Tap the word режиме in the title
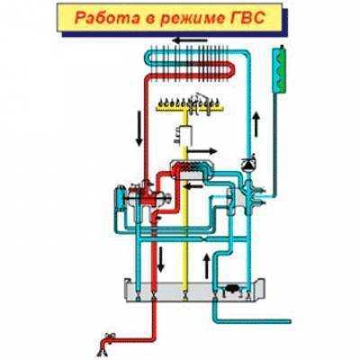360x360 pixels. click(x=189, y=18)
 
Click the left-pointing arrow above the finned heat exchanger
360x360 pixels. click(x=191, y=40)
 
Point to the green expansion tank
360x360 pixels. click(x=279, y=69)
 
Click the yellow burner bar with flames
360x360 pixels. click(x=190, y=105)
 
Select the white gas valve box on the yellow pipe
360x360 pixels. click(x=185, y=134)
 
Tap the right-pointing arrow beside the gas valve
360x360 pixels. click(x=202, y=151)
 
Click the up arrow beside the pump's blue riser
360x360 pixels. click(x=256, y=123)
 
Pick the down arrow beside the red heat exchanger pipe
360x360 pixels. click(x=139, y=129)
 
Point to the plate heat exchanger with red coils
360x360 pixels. click(x=192, y=169)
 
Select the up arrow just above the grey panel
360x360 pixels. click(x=207, y=265)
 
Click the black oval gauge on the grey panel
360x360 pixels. click(x=232, y=288)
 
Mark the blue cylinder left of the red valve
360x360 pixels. click(x=120, y=197)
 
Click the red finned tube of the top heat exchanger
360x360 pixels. click(x=192, y=70)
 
